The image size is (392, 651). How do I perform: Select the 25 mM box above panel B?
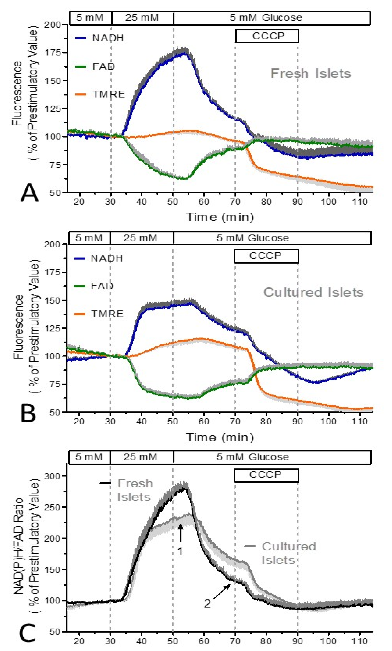click(141, 238)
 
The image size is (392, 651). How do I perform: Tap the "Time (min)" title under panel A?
click(220, 217)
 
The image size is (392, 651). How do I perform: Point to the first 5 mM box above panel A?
click(90, 18)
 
